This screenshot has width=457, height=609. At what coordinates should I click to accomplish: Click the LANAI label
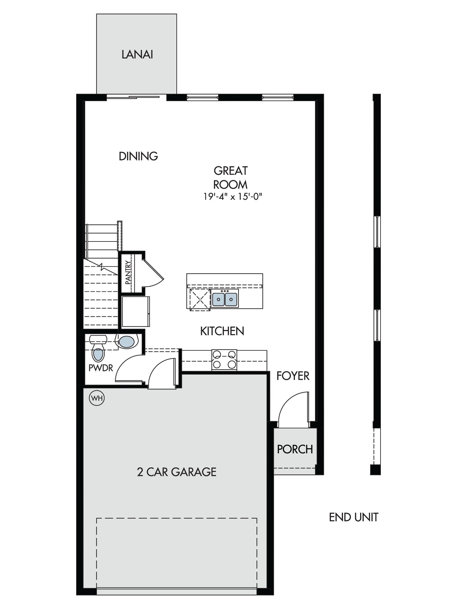tap(137, 55)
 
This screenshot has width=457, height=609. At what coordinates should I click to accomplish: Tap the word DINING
tap(138, 156)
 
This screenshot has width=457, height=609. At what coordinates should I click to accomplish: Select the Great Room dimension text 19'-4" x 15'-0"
tap(233, 197)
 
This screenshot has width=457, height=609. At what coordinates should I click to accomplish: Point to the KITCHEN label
tap(222, 331)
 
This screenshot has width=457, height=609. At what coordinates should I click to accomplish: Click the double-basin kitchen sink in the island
tap(225, 298)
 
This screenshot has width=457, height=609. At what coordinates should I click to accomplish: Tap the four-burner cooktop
tap(224, 360)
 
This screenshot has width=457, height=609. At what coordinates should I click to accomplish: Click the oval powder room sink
tap(126, 342)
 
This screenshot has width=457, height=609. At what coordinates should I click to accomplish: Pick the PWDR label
tap(101, 368)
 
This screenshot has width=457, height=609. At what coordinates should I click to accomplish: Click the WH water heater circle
tap(97, 398)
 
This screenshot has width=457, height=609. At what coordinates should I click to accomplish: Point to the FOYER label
tap(293, 376)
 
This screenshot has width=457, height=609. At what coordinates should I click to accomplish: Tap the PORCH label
tap(295, 449)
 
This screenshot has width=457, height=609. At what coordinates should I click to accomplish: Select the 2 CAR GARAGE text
tap(177, 472)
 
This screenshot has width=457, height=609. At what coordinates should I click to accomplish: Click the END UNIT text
tap(354, 517)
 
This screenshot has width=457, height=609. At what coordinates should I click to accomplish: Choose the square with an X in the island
tap(200, 300)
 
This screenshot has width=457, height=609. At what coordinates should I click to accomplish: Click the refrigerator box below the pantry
tap(136, 312)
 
